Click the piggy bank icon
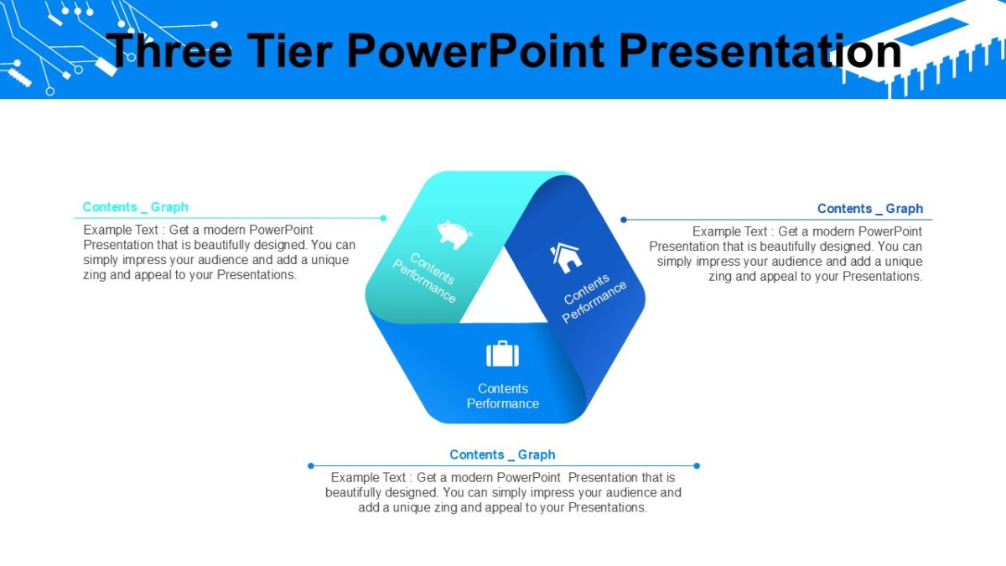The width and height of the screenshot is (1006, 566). (454, 234)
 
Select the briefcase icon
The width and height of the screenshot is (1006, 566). (502, 354)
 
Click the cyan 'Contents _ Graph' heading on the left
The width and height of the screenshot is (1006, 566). (135, 207)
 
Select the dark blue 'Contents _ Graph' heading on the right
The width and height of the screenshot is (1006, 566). (869, 209)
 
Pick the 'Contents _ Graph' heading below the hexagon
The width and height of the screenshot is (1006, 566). (502, 454)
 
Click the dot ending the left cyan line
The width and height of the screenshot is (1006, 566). (383, 218)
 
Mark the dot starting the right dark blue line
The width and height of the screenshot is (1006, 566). (624, 220)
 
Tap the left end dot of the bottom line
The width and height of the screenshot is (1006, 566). (310, 465)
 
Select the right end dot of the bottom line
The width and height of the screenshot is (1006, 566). (697, 465)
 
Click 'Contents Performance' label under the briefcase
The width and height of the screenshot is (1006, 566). (502, 396)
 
